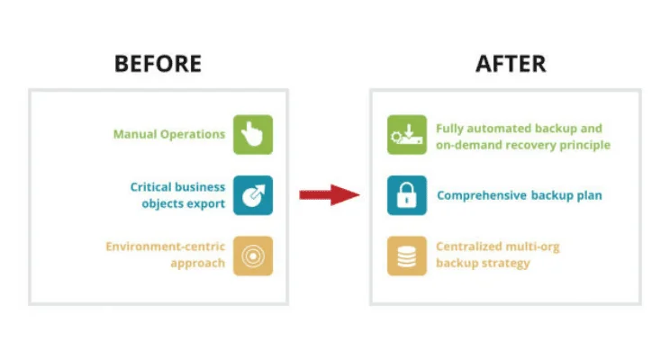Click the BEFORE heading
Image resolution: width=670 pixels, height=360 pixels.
pos(158,64)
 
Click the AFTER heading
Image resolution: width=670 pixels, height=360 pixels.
pos(510,64)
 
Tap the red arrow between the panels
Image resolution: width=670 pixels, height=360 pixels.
pos(329,193)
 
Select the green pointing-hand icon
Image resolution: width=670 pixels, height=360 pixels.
pos(253,135)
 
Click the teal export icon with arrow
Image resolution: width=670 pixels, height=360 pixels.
pos(253,195)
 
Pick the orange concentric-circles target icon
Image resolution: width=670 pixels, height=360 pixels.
pos(253,256)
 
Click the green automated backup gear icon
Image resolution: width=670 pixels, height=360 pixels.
pos(406,135)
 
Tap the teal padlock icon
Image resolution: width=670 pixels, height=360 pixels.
pos(406,195)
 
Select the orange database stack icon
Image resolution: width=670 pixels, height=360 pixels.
pos(406,256)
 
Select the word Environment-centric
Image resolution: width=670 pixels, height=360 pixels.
pos(165,246)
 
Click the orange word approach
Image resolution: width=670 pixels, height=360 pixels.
pos(198,263)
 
